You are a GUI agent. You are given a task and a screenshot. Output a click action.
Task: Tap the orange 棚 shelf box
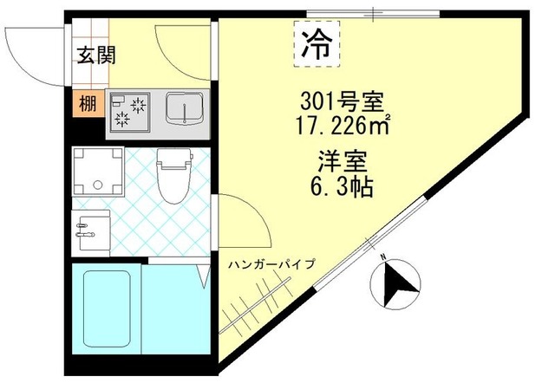pyautogui.click(x=87, y=103)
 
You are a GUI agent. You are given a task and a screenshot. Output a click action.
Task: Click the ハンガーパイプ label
pyautogui.click(x=272, y=263)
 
